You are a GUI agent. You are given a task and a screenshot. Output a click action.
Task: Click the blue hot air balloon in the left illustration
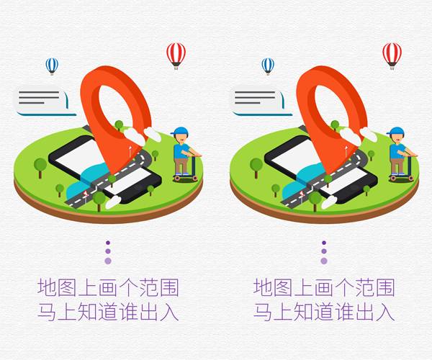tap(52, 66)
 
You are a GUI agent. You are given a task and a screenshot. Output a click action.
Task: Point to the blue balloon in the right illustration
tap(268, 66)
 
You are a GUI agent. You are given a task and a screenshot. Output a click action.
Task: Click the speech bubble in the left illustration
tap(44, 102)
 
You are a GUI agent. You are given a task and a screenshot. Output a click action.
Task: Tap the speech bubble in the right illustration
tap(260, 102)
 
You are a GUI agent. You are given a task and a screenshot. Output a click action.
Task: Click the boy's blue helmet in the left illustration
tap(180, 131)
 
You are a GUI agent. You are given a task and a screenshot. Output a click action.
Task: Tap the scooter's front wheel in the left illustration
tap(195, 179)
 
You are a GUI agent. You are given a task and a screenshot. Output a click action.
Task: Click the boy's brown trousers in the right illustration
tap(397, 166)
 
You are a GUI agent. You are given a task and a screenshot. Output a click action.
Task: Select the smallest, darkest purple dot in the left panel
tap(108, 243)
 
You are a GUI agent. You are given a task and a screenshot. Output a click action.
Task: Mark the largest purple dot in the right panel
tap(324, 261)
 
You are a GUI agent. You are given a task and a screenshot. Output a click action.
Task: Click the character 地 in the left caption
tap(48, 287)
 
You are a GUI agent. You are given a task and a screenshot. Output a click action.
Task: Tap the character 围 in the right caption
tap(385, 287)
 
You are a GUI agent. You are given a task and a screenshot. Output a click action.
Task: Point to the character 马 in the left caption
tap(47, 312)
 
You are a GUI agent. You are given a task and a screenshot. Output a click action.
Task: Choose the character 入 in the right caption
tap(385, 312)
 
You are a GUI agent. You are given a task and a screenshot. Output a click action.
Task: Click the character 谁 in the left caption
tap(128, 312)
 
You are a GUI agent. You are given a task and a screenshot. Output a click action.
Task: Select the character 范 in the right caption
tap(365, 287)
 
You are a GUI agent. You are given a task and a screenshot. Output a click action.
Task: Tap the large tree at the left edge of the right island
tap(256, 167)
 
